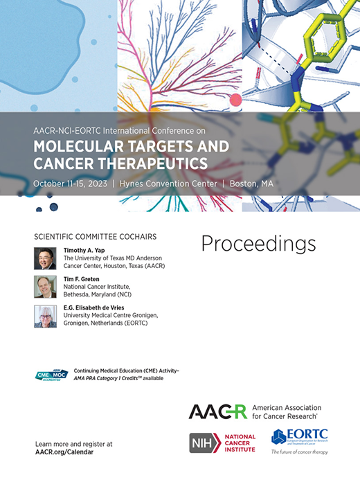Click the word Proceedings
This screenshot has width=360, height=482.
coord(258,244)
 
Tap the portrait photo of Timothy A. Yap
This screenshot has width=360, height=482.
coord(45,258)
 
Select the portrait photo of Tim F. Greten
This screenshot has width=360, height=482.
coord(45,287)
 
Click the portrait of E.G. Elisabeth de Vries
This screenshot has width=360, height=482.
coord(45,316)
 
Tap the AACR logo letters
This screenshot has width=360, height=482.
coord(217,412)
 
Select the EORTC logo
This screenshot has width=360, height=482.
coord(299,438)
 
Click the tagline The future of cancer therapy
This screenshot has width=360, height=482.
coord(299,452)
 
